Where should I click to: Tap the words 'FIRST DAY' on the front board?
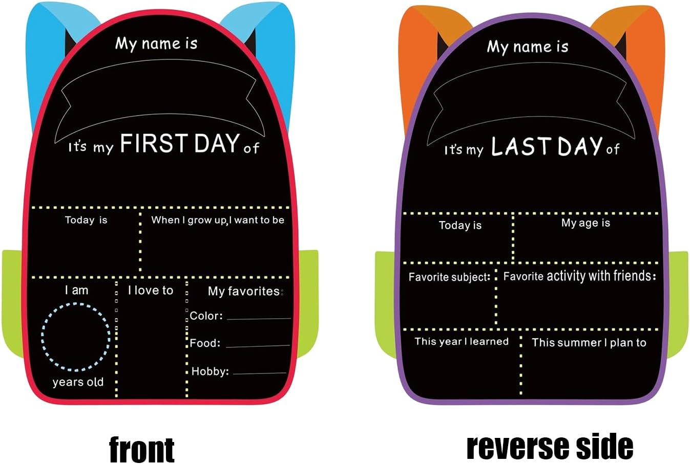(x=180, y=143)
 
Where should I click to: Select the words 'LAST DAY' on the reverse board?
(x=547, y=146)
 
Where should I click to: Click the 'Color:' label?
(x=206, y=316)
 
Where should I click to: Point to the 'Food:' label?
(x=205, y=343)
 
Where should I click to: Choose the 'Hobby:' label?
(x=211, y=371)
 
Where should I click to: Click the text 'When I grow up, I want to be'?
(x=218, y=220)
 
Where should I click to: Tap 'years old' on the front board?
(x=78, y=382)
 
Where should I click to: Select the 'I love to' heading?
(x=151, y=291)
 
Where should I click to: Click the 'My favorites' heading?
(x=244, y=291)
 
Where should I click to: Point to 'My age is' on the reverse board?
(x=586, y=223)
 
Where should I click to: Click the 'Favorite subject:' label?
(x=449, y=277)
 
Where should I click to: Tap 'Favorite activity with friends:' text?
(x=580, y=276)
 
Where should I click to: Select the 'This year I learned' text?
(x=462, y=341)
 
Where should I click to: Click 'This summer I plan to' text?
(x=589, y=342)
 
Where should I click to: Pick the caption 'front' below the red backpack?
(x=142, y=450)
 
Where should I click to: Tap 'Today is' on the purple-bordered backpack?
(x=460, y=225)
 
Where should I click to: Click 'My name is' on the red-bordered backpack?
(x=156, y=43)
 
